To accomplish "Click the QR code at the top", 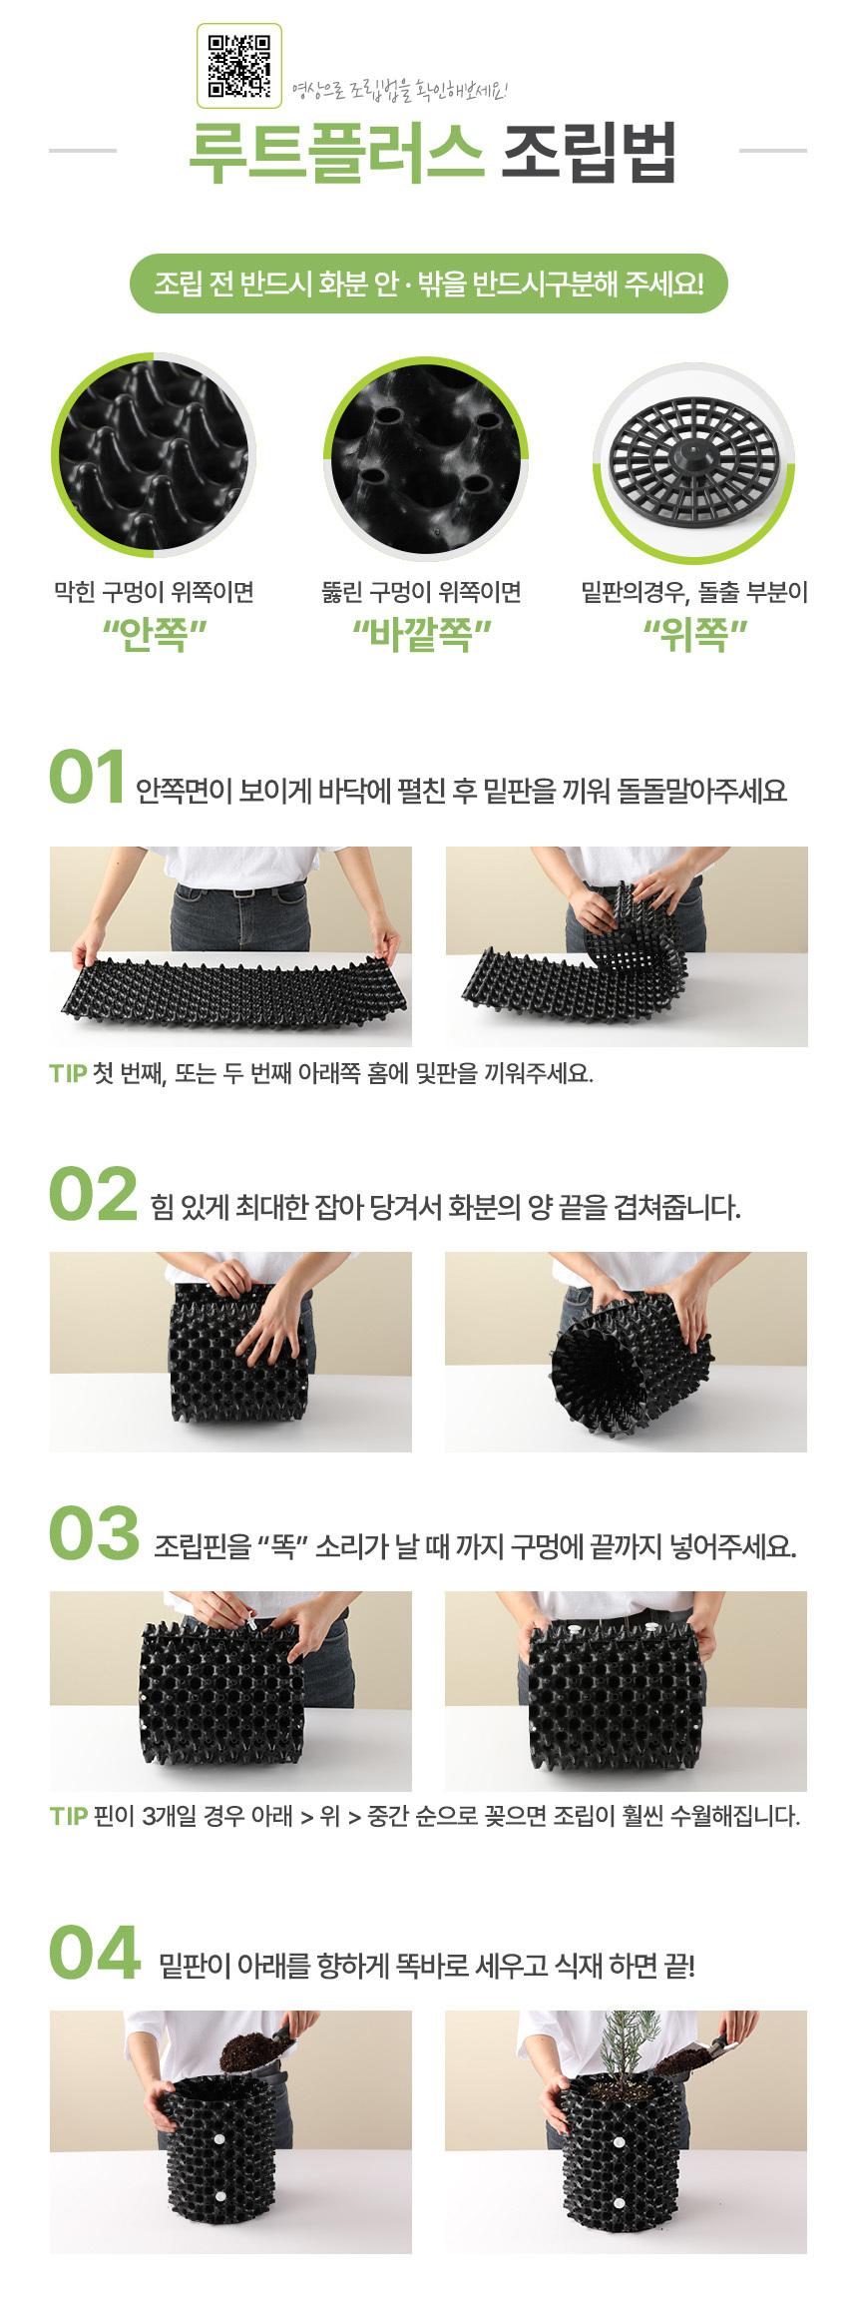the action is [x=239, y=66].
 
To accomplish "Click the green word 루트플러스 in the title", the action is [x=336, y=154].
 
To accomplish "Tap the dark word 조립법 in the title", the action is [x=589, y=154].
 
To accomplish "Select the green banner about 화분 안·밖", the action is [x=429, y=284].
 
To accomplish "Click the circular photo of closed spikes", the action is [x=154, y=454].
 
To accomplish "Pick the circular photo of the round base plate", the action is [x=694, y=461].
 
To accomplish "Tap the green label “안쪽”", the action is [x=154, y=634].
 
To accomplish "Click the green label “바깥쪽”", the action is [x=422, y=634].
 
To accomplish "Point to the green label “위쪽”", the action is [x=694, y=634].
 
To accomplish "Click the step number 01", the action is [x=87, y=778].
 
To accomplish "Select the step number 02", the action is [x=93, y=1194].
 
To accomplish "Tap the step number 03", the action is [x=94, y=1533].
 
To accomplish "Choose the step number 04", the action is [x=95, y=1953].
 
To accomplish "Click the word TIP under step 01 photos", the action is [x=68, y=1074].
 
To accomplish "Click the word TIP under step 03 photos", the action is [x=69, y=1816].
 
